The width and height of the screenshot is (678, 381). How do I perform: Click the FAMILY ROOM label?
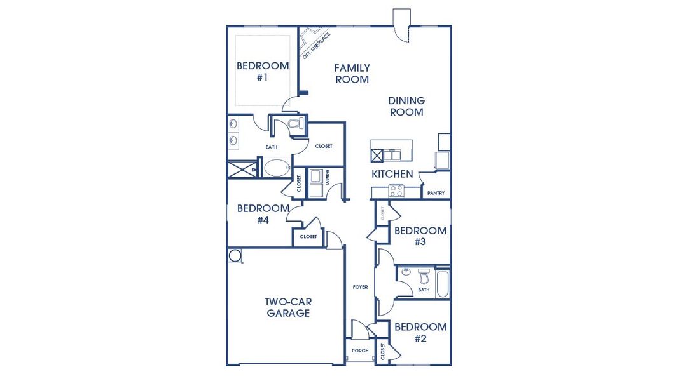tap(352, 74)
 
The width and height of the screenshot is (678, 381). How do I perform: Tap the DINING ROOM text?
tap(406, 106)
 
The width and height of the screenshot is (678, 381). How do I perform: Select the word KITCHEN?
tap(392, 174)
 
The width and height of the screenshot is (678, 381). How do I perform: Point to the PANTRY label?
tap(436, 193)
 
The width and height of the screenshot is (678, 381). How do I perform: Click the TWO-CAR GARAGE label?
tap(288, 307)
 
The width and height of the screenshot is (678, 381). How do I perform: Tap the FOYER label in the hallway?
tap(361, 287)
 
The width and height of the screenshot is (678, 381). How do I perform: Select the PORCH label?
tap(360, 351)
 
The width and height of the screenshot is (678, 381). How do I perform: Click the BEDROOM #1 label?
tap(262, 71)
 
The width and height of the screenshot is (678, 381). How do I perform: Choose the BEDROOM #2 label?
tap(420, 333)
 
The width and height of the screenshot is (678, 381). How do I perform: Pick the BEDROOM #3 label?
tap(420, 236)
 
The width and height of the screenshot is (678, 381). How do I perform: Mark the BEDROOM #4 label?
tap(263, 214)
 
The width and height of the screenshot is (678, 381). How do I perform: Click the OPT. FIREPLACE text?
tap(316, 45)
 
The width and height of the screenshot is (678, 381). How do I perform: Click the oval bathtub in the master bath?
tap(276, 168)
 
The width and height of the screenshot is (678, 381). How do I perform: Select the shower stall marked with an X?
tap(242, 170)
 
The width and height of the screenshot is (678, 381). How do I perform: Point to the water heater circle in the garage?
tap(235, 255)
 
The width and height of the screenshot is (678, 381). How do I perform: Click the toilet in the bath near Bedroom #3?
tap(424, 277)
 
